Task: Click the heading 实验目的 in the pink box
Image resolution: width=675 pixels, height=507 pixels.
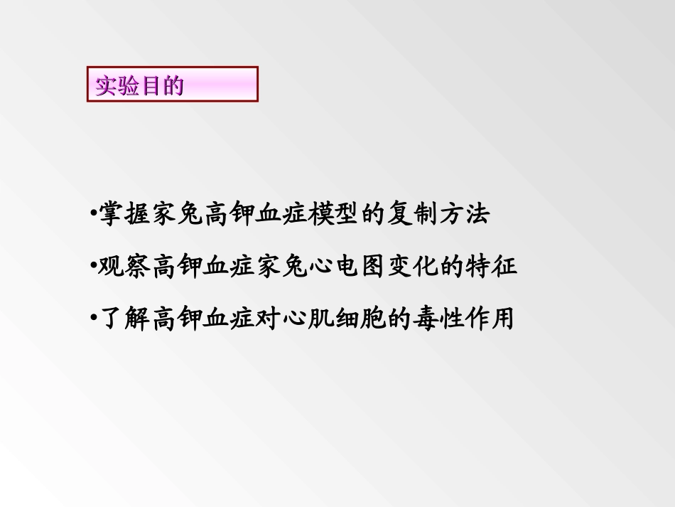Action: pyautogui.click(x=139, y=86)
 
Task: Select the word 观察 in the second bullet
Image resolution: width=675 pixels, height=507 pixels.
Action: pyautogui.click(x=124, y=267)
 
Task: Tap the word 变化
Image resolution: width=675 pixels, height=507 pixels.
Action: pyautogui.click(x=413, y=267)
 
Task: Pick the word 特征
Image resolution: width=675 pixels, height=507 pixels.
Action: pyautogui.click(x=492, y=267)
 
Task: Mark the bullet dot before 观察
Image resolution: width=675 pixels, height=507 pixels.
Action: pyautogui.click(x=94, y=267)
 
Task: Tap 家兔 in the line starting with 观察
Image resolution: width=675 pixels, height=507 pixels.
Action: pyautogui.click(x=282, y=267)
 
